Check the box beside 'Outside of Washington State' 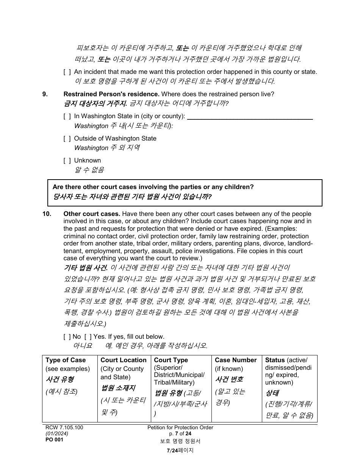(x=67, y=139)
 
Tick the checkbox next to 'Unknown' (x=67, y=161)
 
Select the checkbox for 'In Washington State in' (x=67, y=116)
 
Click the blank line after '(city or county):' (x=250, y=117)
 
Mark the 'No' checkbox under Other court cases (x=67, y=336)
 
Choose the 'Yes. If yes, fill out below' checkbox (x=88, y=336)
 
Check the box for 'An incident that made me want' (x=67, y=72)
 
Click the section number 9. (x=45, y=94)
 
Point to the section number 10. (x=47, y=214)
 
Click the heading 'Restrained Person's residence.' (x=111, y=94)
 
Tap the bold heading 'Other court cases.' (x=92, y=214)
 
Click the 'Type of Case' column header (x=66, y=360)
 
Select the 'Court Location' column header (x=123, y=360)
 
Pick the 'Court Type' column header (x=171, y=360)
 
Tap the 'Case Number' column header (x=236, y=360)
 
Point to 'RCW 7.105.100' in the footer (x=64, y=427)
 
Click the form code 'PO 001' (x=54, y=439)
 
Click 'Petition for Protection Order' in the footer (x=180, y=427)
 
